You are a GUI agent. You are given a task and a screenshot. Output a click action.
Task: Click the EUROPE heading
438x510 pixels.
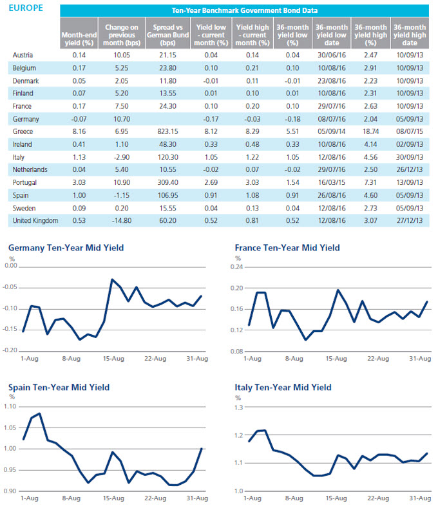point(26,8)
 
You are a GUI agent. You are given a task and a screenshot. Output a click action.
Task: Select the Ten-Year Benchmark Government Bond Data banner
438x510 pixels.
point(244,10)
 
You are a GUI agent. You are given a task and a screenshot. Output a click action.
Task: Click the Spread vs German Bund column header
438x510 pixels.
point(167,35)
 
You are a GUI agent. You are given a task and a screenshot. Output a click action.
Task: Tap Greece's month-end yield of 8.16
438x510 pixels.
point(79,132)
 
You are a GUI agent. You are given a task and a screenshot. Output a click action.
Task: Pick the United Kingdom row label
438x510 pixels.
point(35,220)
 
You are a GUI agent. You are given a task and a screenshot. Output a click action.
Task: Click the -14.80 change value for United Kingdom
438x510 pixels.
point(122,220)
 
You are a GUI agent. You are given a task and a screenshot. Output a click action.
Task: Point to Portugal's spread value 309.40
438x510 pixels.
point(168,182)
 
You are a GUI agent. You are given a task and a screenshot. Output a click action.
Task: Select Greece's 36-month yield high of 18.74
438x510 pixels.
point(370,132)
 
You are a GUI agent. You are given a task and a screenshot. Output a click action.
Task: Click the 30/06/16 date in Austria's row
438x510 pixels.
point(332,55)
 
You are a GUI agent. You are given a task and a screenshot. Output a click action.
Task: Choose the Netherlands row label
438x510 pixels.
point(30,170)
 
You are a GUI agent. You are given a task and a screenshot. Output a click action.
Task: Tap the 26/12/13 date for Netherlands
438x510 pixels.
point(410,170)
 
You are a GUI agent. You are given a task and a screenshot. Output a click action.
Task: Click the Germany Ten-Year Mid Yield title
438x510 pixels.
point(66,248)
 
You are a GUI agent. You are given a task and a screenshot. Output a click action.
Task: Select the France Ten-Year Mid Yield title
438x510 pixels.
point(287,248)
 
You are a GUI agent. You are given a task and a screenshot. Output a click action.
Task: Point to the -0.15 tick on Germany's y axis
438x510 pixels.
point(10,329)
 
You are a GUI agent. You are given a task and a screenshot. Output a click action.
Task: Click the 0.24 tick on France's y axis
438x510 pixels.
point(236,267)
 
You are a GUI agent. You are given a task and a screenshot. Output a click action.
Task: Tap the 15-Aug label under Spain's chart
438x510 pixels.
point(113,498)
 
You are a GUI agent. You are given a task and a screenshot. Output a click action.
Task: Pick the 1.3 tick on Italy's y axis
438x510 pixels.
point(239,407)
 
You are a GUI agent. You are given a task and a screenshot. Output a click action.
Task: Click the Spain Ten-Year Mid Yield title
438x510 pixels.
point(59,388)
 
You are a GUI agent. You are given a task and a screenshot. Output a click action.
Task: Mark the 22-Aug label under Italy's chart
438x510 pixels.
point(378,498)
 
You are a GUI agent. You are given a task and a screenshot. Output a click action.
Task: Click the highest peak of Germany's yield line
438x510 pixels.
point(112,279)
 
